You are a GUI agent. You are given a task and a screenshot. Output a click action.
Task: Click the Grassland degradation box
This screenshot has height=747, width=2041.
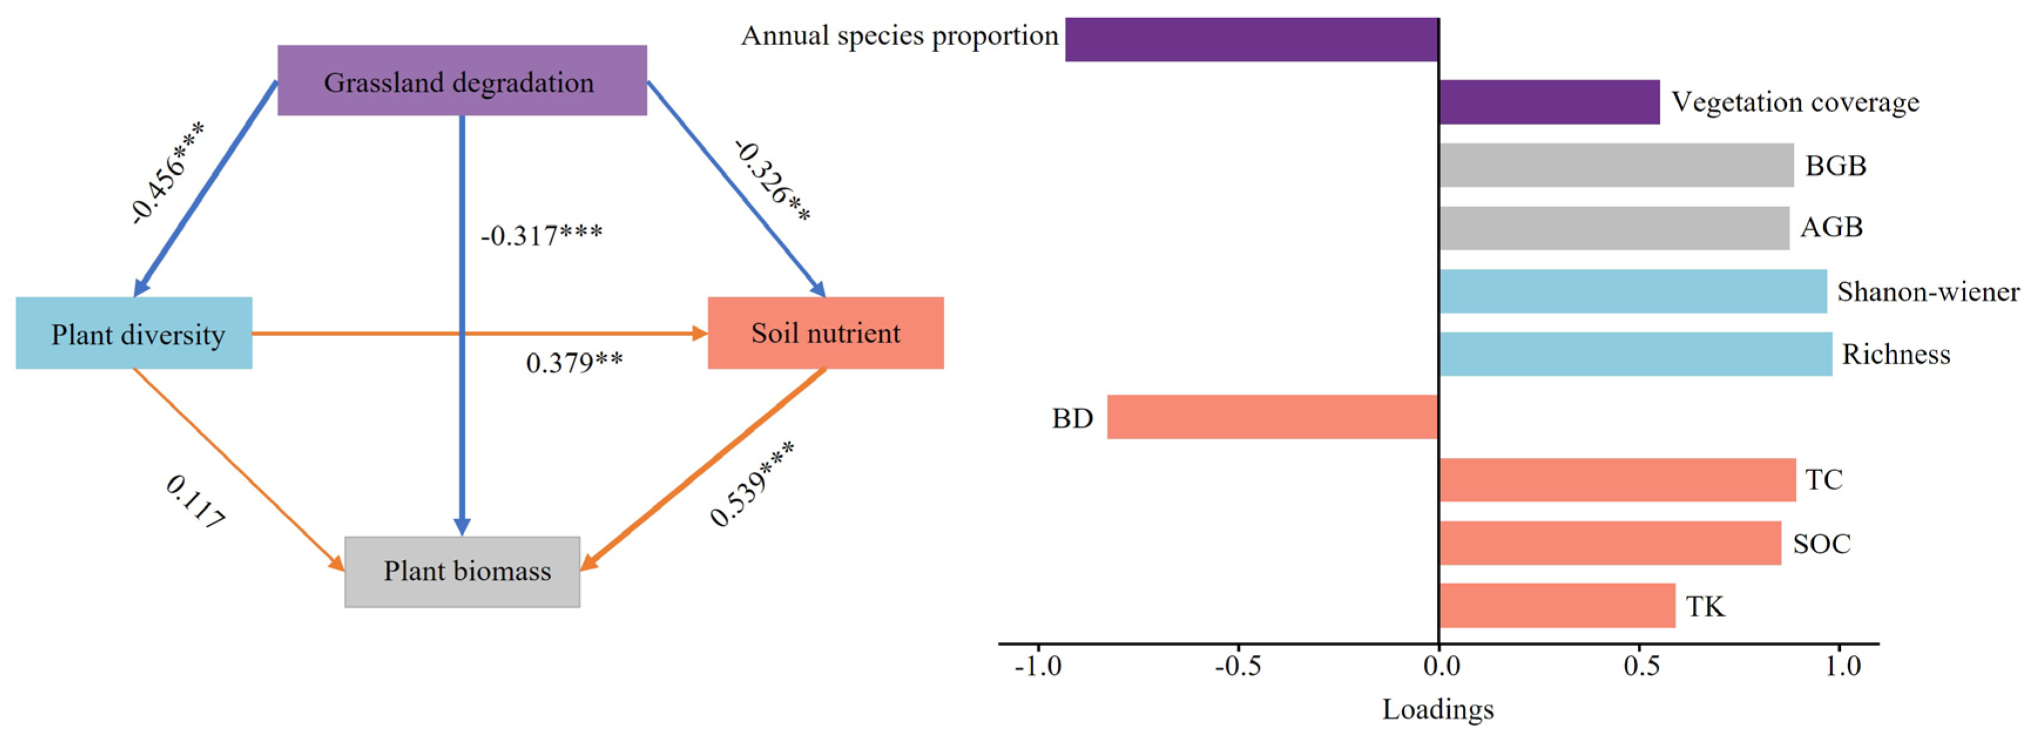462,81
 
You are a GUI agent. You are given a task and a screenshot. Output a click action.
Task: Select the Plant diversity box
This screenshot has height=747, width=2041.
134,333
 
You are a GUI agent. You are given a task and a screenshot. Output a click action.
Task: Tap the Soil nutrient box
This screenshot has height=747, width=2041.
825,333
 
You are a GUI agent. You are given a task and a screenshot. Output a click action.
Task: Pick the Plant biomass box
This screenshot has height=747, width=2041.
463,571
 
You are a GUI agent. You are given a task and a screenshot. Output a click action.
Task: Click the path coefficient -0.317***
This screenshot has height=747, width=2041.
541,235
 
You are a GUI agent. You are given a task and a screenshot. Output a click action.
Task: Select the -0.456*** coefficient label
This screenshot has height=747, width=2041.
168,173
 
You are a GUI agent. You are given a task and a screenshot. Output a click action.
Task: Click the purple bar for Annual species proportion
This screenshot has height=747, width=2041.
1252,39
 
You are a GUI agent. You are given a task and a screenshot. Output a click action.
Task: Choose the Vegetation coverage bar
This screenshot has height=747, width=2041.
1549,102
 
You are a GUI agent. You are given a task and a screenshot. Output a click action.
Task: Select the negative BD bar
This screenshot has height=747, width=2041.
1273,417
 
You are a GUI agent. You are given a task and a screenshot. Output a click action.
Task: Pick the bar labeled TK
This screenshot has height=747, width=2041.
1557,606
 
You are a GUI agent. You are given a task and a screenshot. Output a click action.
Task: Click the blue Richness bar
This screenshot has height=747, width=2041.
1635,354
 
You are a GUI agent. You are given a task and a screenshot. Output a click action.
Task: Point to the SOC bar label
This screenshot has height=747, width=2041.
1821,543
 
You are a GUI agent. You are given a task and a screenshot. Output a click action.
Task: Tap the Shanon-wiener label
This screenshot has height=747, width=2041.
1928,292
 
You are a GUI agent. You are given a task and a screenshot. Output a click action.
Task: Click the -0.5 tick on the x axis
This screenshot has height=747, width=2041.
1237,666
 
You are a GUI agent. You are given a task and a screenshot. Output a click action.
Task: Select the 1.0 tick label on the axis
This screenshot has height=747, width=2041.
1843,666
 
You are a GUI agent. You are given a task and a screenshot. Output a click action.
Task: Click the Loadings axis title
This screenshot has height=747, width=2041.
1438,709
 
